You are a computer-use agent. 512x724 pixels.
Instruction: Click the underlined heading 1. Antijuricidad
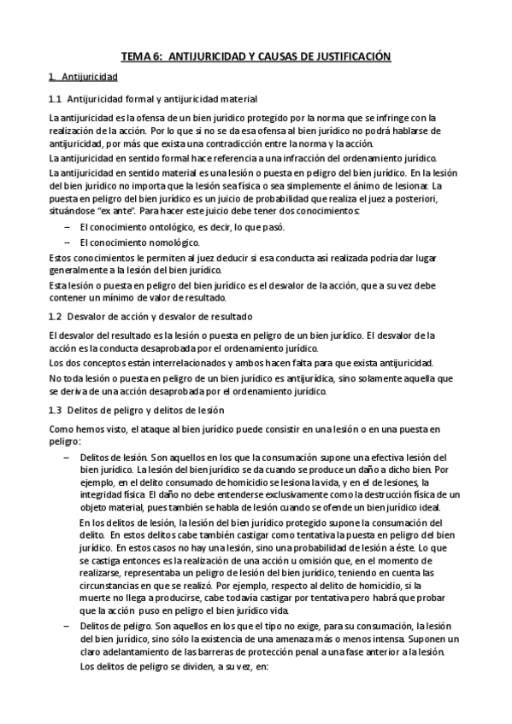[x=78, y=77]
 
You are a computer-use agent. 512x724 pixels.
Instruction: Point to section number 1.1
[x=56, y=99]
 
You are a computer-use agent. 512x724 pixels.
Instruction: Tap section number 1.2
[x=56, y=316]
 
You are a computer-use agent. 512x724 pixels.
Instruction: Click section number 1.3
[x=56, y=410]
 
